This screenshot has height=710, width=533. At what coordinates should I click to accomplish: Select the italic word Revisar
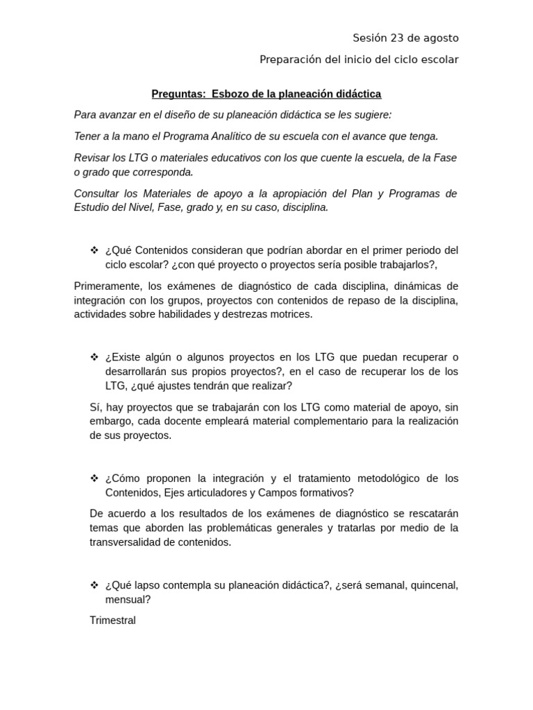pos(94,157)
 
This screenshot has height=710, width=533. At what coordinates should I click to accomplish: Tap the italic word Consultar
pos(98,193)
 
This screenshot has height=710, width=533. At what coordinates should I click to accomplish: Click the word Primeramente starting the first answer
pos(107,286)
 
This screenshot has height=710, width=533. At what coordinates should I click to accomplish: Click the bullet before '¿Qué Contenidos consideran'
pos(94,250)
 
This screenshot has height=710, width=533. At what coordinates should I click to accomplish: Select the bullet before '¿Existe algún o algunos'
pos(94,357)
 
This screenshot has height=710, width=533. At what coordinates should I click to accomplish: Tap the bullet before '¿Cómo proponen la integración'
pos(94,478)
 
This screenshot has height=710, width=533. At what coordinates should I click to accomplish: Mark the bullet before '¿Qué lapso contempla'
pos(94,585)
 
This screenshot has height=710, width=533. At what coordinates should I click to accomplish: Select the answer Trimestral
pos(113,621)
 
